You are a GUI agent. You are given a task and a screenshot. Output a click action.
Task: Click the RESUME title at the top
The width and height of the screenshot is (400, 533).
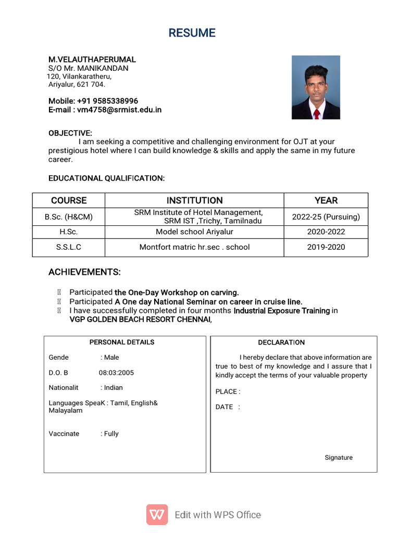(192, 33)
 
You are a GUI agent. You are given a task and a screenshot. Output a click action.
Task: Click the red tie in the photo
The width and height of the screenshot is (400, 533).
(316, 113)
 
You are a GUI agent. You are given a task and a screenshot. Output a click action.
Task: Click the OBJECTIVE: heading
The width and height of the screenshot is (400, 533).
(70, 133)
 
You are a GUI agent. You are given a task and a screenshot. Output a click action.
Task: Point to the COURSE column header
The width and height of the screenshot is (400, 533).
(69, 200)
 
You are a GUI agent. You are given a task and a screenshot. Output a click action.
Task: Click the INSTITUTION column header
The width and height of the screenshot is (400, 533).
(194, 200)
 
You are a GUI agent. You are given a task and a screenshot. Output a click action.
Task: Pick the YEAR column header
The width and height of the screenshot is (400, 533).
(326, 200)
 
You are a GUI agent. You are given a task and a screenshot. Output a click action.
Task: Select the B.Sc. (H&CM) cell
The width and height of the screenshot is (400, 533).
(69, 217)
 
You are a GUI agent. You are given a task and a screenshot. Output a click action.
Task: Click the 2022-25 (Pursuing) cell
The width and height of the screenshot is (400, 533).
(326, 217)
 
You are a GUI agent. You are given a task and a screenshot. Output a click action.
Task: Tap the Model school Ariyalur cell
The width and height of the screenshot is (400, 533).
(194, 232)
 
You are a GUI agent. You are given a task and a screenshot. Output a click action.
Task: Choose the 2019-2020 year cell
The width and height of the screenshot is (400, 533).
(326, 247)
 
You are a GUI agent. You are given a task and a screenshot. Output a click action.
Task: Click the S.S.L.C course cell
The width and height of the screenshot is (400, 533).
(69, 247)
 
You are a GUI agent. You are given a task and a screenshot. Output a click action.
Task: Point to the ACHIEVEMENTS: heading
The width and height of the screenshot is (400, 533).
(84, 272)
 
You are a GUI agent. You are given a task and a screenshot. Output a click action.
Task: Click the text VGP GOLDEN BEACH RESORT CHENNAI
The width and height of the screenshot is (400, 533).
(140, 320)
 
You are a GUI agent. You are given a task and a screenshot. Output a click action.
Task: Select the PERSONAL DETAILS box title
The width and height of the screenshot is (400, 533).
(122, 342)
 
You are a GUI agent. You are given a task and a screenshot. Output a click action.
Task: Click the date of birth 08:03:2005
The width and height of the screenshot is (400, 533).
(116, 373)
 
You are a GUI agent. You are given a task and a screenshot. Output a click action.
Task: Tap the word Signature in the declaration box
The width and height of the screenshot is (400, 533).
(339, 458)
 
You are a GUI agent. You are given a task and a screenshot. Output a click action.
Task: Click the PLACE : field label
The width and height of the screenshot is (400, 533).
(228, 391)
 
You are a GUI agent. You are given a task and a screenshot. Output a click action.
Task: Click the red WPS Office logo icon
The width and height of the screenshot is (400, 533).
(157, 515)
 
